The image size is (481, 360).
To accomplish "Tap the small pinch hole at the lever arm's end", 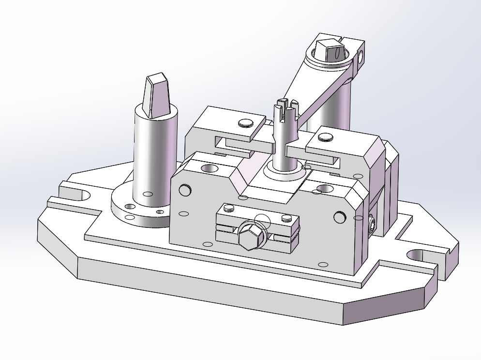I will (x=360, y=58).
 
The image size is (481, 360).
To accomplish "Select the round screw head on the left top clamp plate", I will (x=246, y=123).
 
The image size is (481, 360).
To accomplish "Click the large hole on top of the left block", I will (x=210, y=168).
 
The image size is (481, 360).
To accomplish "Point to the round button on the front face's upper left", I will (x=184, y=190).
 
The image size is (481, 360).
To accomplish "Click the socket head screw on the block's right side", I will (x=372, y=224).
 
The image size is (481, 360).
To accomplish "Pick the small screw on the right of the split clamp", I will (x=287, y=219).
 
